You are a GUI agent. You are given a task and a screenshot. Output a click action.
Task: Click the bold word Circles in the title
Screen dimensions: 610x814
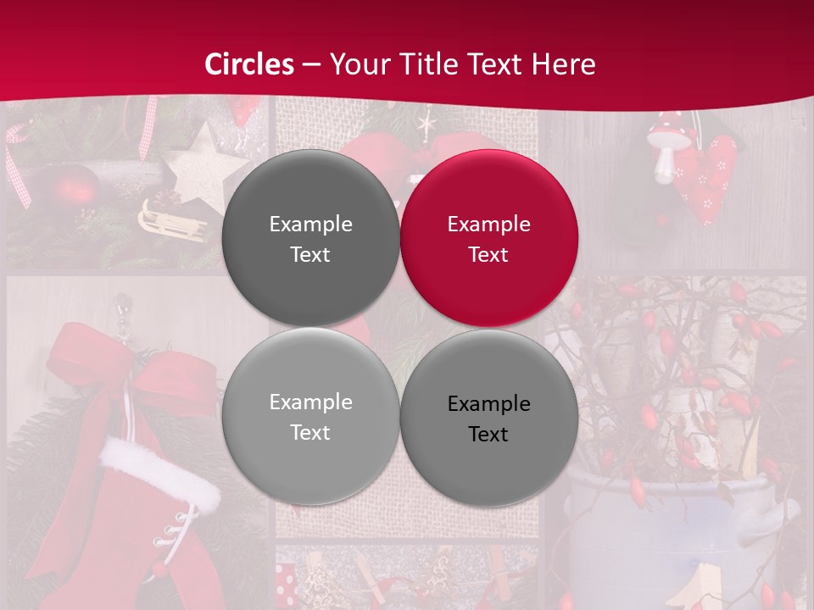(x=249, y=64)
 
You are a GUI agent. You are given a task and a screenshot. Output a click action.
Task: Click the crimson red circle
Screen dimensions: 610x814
(x=489, y=238)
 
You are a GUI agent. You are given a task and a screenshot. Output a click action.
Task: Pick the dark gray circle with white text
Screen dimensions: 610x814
(x=310, y=238)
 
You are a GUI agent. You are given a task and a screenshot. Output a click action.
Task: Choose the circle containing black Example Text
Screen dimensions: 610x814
(x=489, y=418)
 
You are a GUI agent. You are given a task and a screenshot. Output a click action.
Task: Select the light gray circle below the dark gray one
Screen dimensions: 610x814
(x=310, y=416)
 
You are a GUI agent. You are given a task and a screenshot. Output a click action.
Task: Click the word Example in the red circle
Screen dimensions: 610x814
(x=489, y=225)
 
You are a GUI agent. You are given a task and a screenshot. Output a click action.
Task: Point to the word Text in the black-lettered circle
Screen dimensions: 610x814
(x=488, y=435)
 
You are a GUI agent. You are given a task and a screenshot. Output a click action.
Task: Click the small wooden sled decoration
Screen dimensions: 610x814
(x=170, y=222)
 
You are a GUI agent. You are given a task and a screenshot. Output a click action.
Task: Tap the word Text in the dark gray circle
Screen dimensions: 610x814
(x=310, y=255)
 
